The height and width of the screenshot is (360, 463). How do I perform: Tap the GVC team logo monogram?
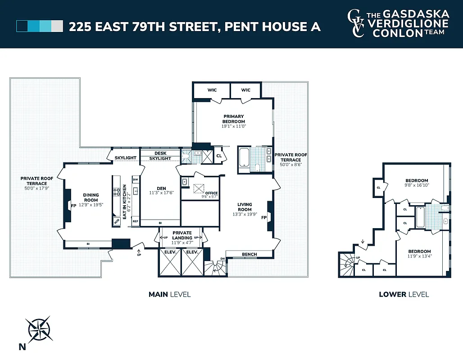[x=356, y=23]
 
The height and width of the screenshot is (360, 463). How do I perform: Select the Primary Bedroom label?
[x=234, y=119]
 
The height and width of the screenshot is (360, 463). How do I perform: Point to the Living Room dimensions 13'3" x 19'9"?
[x=245, y=214]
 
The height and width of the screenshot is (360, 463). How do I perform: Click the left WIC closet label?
[x=212, y=90]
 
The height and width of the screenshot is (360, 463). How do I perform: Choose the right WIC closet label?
[x=245, y=90]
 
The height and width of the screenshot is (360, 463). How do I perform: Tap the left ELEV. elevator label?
[x=169, y=252]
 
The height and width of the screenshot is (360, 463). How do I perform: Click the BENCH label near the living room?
[x=249, y=254]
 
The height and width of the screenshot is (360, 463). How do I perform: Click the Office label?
[x=211, y=193]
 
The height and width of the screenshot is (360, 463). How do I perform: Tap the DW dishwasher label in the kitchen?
[x=135, y=179]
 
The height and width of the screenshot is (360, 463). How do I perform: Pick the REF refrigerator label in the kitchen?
[x=135, y=221]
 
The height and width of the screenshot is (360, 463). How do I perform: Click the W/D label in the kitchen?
[x=117, y=221]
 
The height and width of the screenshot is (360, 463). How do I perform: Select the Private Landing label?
[x=182, y=235]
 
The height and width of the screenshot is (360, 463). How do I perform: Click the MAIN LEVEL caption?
[x=169, y=295]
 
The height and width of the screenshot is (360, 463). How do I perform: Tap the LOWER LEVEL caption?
[x=404, y=295]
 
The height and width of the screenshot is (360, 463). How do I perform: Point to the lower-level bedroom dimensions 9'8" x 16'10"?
[x=416, y=184]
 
